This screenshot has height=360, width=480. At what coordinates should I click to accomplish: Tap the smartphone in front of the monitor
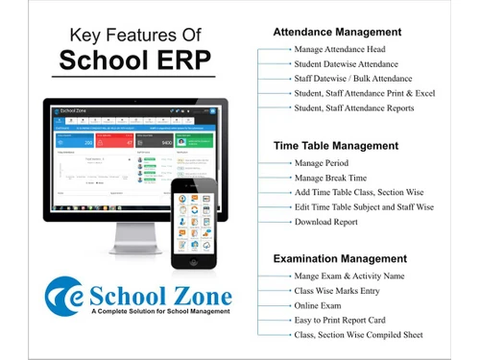[202, 223]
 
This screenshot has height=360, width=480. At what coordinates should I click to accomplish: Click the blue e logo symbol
[61, 294]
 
